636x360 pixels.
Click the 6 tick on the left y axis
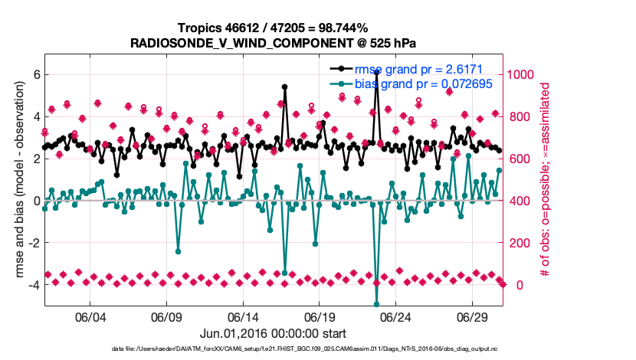pyautogui.click(x=35, y=75)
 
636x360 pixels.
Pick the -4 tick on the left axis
pyautogui.click(x=33, y=285)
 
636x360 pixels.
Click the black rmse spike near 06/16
pyautogui.click(x=284, y=87)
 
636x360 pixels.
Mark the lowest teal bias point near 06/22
pyautogui.click(x=376, y=304)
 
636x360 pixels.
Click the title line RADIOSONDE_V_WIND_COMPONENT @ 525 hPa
pyautogui.click(x=274, y=42)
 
